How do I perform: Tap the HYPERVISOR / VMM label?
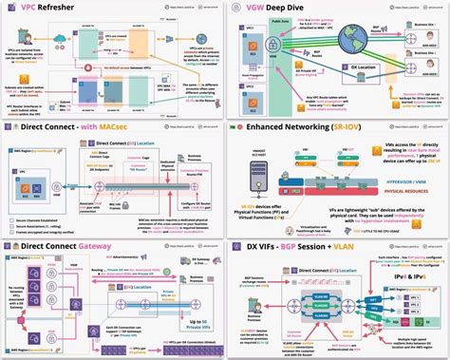[371, 180]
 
